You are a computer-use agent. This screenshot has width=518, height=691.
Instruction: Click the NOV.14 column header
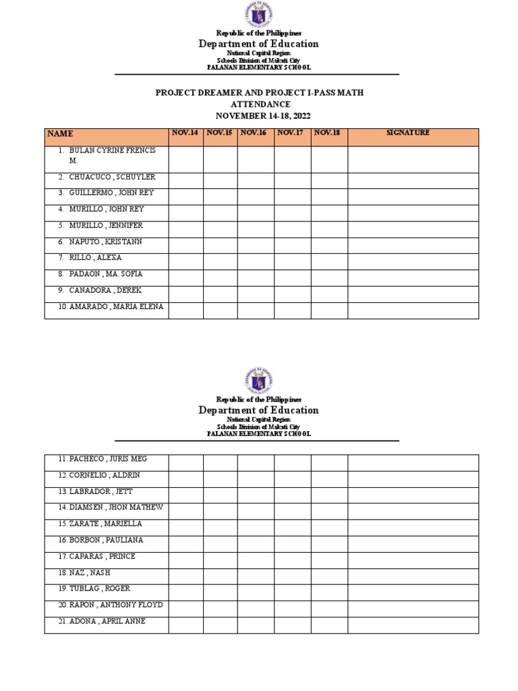point(185,133)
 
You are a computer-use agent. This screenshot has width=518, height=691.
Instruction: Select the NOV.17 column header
point(291,133)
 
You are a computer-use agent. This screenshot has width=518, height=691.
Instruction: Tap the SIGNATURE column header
point(407,133)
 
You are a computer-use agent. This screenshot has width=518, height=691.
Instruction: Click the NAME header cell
point(60,134)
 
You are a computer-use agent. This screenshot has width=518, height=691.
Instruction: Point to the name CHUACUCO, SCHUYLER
point(112,177)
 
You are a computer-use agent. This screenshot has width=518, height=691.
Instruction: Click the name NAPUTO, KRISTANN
point(105,242)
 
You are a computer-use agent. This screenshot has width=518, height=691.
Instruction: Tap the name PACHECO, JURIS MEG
point(107,459)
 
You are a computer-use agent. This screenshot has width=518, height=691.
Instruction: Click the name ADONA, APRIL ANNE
point(107,621)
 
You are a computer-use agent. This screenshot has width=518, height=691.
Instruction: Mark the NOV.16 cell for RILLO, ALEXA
point(256,262)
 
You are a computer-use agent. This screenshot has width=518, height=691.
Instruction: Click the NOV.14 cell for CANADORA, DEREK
point(185,294)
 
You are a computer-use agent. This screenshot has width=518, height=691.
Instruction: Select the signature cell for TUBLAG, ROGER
point(413,593)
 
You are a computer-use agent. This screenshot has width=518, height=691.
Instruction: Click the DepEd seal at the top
point(258,14)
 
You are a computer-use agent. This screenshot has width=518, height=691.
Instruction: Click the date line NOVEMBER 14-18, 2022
point(260,115)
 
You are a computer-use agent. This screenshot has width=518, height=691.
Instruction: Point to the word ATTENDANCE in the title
point(260,104)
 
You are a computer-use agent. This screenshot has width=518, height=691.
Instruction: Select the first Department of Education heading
point(258,44)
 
